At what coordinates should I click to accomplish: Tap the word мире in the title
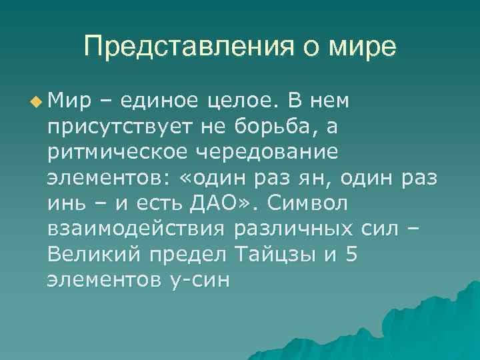(363, 47)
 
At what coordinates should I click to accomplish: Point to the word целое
(243, 101)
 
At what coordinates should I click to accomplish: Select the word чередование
(267, 152)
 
